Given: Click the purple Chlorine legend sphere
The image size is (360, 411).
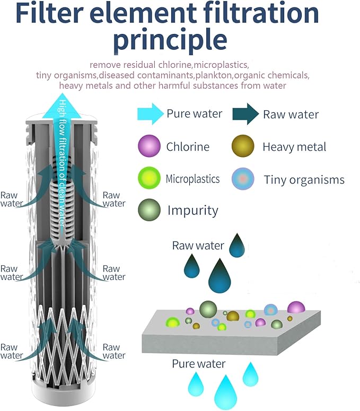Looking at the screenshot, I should (149, 146).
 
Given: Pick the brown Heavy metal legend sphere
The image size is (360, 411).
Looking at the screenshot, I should (242, 146).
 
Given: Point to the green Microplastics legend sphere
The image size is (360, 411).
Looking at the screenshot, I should (149, 179).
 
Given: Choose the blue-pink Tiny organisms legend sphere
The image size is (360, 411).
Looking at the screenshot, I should (242, 179).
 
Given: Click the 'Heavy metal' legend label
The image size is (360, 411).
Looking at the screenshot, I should (294, 147).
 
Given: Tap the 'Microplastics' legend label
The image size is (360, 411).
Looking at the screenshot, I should (192, 179).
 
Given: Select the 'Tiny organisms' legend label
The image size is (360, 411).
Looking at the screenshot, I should (304, 180).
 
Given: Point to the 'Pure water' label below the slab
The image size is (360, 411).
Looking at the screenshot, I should (198, 364).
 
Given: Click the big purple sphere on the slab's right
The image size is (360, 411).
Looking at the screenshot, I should (296, 307).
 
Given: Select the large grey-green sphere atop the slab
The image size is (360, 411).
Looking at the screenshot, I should (208, 308).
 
